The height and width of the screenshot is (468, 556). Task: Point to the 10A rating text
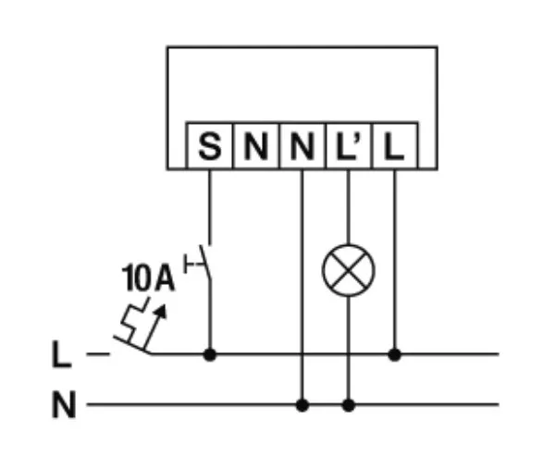click(147, 278)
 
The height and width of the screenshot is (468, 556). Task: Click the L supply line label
click(61, 354)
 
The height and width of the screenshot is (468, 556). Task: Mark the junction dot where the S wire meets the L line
click(210, 353)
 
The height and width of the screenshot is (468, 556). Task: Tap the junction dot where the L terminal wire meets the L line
click(395, 353)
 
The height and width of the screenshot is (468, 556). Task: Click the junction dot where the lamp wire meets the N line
click(348, 405)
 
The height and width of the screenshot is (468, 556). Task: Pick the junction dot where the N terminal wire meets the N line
click(303, 405)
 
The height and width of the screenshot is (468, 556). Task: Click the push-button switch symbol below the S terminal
click(202, 266)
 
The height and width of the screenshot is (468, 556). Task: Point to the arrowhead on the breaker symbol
click(165, 312)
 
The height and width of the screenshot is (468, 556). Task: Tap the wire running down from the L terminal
click(395, 259)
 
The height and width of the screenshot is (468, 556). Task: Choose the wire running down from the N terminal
click(303, 277)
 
